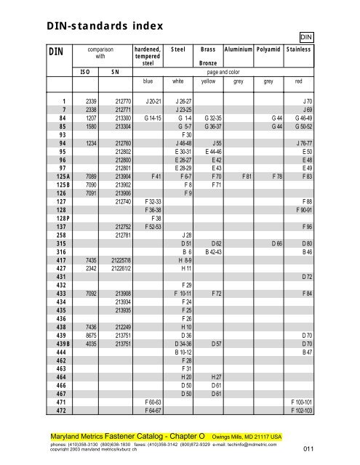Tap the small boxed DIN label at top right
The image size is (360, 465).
tap(305, 36)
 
